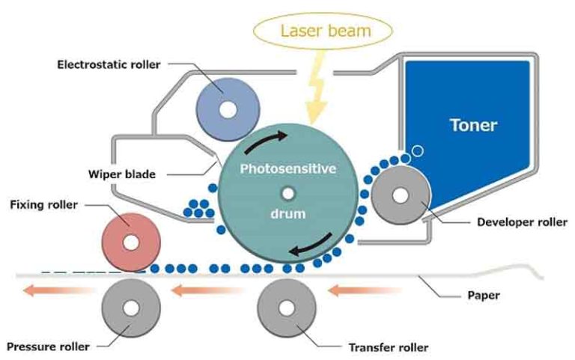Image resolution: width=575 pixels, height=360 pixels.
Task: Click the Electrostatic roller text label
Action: coord(109,64)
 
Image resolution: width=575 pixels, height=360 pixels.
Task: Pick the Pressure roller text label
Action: coord(48,347)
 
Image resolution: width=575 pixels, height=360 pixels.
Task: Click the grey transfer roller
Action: coord(287,309)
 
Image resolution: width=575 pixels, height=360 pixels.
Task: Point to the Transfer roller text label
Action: coord(389,347)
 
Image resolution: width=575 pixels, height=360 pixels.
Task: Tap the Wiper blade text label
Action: coord(121,174)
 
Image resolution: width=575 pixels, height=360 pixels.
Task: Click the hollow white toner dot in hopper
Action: coord(418,151)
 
